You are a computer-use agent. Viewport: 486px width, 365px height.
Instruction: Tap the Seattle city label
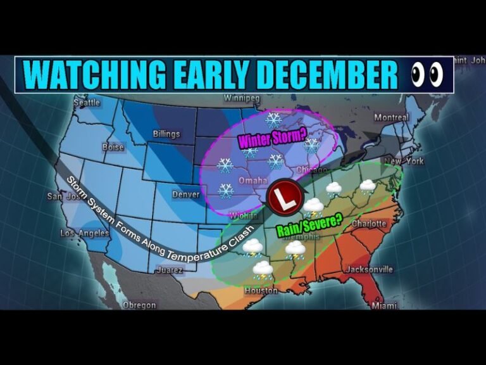87,102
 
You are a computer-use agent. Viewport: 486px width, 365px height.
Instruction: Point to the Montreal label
391,118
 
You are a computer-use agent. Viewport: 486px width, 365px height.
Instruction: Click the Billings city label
166,134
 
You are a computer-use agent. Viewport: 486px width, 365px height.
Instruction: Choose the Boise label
113,147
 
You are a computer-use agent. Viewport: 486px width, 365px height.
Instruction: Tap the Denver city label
186,194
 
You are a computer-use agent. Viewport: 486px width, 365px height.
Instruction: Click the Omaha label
252,181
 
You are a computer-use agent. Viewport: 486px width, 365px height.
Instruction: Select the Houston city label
261,290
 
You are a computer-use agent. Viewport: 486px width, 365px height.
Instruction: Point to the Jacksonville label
369,269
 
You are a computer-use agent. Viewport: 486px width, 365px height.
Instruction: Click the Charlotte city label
368,224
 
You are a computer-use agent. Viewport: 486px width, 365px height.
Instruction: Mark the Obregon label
139,305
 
